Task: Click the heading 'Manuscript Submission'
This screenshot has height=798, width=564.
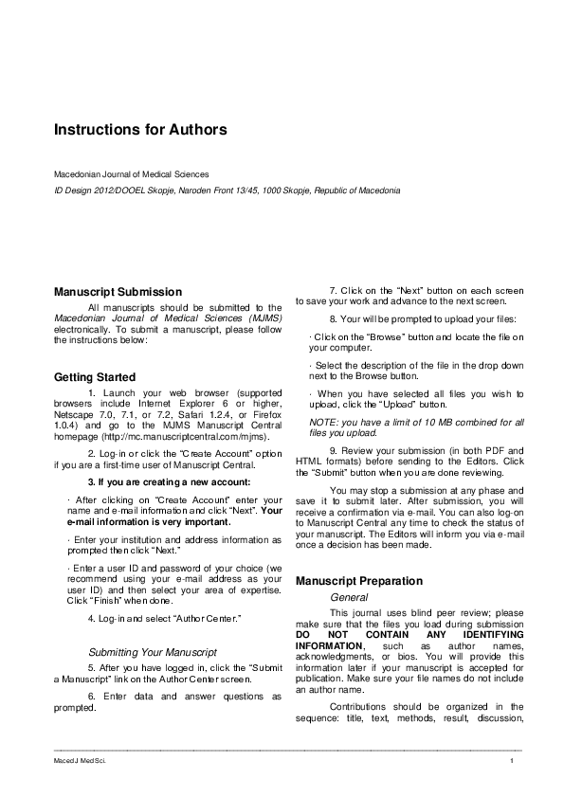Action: [118, 292]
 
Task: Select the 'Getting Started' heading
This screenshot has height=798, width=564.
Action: [95, 377]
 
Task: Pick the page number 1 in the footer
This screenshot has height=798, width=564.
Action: [511, 761]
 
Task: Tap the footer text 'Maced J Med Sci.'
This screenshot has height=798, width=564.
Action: [75, 761]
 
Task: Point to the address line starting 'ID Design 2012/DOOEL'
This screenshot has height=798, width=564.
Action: [227, 190]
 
